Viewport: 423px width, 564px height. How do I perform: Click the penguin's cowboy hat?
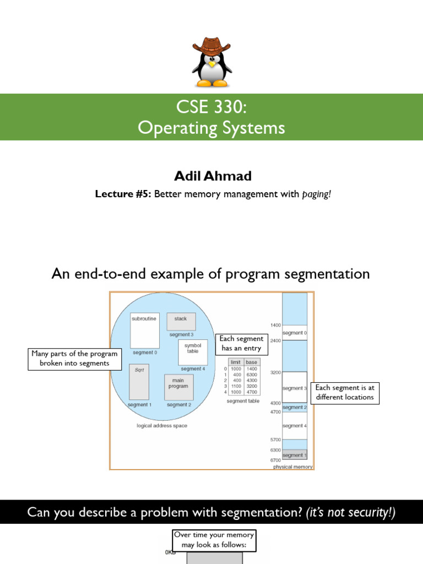click(x=212, y=45)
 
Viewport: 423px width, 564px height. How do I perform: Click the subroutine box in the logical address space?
click(x=145, y=330)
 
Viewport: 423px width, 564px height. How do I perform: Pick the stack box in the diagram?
click(x=181, y=321)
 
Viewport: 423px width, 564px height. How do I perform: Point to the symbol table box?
click(x=193, y=352)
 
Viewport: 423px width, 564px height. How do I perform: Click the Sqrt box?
click(x=139, y=382)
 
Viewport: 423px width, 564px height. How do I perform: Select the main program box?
click(x=178, y=387)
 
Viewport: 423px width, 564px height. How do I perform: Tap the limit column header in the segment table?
click(x=236, y=362)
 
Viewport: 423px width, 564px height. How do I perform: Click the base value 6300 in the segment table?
click(x=252, y=375)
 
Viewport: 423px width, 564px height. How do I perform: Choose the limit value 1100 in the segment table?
click(x=235, y=386)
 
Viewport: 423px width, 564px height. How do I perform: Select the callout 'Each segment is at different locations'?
click(x=345, y=393)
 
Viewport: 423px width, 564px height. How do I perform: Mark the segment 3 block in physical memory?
click(x=295, y=388)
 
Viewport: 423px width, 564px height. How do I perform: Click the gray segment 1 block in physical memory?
click(x=295, y=455)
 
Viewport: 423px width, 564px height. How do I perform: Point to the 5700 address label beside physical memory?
click(x=275, y=440)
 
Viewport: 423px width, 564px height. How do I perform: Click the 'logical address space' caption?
click(x=162, y=426)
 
